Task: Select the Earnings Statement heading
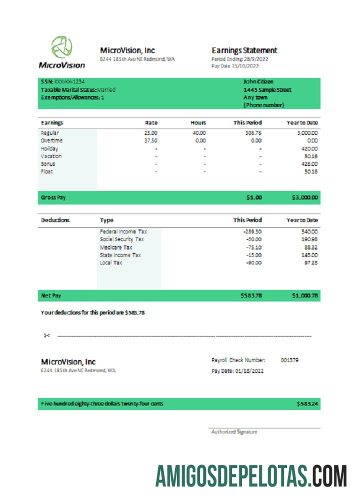pyautogui.click(x=244, y=50)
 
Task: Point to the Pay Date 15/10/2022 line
pyautogui.click(x=235, y=65)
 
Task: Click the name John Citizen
pyautogui.click(x=258, y=81)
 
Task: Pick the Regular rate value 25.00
pyautogui.click(x=150, y=133)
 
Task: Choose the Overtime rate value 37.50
pyautogui.click(x=150, y=141)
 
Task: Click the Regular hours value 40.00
pyautogui.click(x=199, y=133)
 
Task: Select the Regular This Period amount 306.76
pyautogui.click(x=252, y=133)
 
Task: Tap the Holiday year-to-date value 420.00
pyautogui.click(x=309, y=148)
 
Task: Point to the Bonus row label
pyautogui.click(x=48, y=164)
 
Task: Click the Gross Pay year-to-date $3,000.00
pyautogui.click(x=304, y=197)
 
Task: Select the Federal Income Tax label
pyautogui.click(x=123, y=231)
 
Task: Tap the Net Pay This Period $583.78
pyautogui.click(x=251, y=295)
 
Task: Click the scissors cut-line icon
pyautogui.click(x=46, y=335)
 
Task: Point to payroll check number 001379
pyautogui.click(x=289, y=360)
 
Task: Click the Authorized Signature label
pyautogui.click(x=234, y=431)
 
